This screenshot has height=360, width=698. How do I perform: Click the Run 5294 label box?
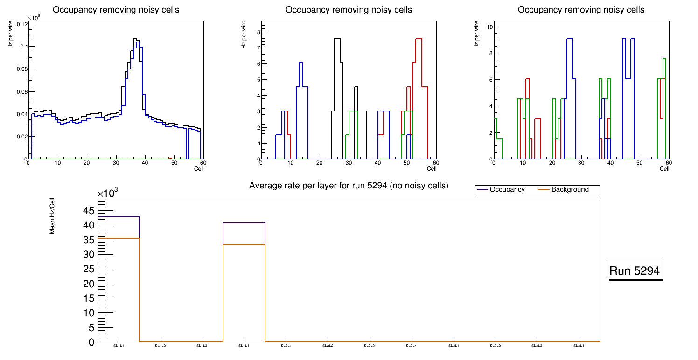coord(635,270)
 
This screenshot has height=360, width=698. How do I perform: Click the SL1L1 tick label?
coord(119,346)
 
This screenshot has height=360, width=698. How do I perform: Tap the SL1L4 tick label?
coord(244,346)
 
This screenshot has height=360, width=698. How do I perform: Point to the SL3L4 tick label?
coord(579,346)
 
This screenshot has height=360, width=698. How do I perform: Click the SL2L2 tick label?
coord(328,346)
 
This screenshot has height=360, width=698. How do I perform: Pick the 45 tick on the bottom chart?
coord(88,211)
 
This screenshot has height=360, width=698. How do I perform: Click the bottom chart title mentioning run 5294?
coord(349,186)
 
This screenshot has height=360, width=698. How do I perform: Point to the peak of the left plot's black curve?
coord(135,39)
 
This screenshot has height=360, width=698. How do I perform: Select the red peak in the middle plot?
coord(419,39)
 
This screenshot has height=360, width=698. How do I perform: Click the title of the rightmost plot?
coord(581,10)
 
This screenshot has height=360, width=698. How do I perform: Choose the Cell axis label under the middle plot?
coord(432,169)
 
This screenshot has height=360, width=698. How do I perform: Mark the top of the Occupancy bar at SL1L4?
coord(244,223)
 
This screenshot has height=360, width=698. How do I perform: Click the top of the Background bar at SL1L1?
coord(119,238)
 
